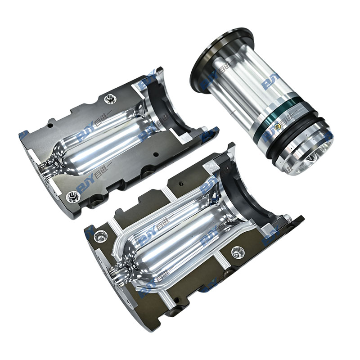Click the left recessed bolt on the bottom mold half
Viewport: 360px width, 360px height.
pyautogui.click(x=100, y=235)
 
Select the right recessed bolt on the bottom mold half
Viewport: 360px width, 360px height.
pyautogui.click(x=238, y=252)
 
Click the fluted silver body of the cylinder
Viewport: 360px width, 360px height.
pyautogui.click(x=243, y=90)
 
